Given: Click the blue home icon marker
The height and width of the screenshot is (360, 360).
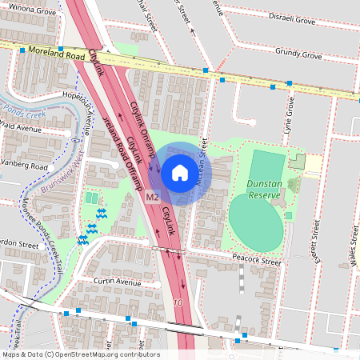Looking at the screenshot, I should [x=180, y=172].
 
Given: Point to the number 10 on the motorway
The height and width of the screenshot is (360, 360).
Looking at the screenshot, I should [x=178, y=303].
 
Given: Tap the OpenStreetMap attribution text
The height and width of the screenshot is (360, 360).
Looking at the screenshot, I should [x=80, y=354].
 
